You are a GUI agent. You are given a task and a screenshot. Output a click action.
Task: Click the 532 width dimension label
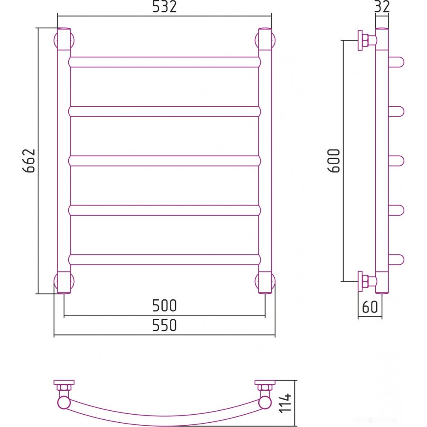pyautogui.click(x=164, y=6)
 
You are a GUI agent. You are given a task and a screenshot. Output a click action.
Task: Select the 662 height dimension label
pyautogui.click(x=29, y=161)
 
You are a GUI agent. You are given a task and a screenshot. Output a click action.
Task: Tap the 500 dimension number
pyautogui.click(x=164, y=305)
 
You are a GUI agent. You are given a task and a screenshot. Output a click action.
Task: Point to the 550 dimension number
pyautogui.click(x=164, y=325)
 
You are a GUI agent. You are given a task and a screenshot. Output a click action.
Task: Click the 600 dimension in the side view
pyautogui.click(x=333, y=161)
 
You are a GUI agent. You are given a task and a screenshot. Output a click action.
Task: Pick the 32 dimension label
pyautogui.click(x=382, y=6)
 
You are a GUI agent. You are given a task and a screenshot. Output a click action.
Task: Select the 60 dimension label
pyautogui.click(x=370, y=307)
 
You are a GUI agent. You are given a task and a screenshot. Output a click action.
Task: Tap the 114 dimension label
pyautogui.click(x=285, y=403)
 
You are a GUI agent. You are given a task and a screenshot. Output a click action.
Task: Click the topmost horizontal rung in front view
pyautogui.click(x=164, y=62)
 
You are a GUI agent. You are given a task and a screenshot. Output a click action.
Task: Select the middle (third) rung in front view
pyautogui.click(x=164, y=161)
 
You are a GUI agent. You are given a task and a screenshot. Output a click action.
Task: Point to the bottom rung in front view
pyautogui.click(x=164, y=260)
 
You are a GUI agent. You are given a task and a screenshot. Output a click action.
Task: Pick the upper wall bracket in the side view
pyautogui.click(x=367, y=40)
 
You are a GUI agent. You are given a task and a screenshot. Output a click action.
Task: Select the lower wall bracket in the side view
pyautogui.click(x=367, y=281)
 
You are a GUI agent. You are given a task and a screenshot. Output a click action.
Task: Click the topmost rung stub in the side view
pyautogui.click(x=396, y=62)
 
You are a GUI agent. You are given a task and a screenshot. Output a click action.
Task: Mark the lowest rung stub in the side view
pyautogui.click(x=396, y=260)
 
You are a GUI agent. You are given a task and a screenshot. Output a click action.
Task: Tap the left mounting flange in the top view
pyautogui.click(x=64, y=382)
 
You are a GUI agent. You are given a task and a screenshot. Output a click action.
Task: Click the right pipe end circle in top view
pyautogui.click(x=265, y=403)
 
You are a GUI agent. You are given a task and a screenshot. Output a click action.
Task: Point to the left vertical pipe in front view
pyautogui.click(x=64, y=161)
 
